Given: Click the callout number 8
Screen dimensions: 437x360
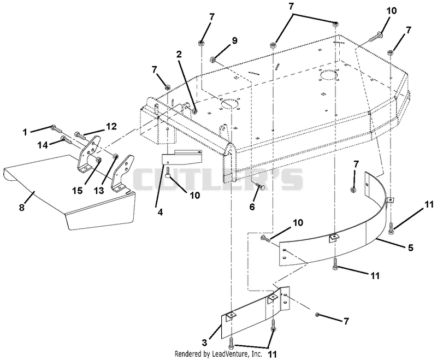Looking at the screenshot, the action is [x=22, y=208].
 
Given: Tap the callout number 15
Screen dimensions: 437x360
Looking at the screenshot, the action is [x=78, y=191].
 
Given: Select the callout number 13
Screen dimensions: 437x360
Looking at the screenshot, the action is [x=99, y=191].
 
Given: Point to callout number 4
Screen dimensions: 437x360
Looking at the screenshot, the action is [x=160, y=213].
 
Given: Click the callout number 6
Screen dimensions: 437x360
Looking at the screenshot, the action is [x=252, y=207].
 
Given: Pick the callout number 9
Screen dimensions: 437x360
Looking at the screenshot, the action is [x=235, y=40].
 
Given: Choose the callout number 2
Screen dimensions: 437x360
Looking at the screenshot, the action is [x=179, y=54].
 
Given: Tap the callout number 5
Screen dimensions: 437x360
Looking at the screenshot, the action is [x=411, y=247].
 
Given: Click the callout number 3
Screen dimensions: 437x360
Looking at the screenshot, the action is [x=205, y=342].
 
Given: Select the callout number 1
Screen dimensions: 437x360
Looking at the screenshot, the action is [x=25, y=132].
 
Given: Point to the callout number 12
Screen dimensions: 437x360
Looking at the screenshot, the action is [x=111, y=127].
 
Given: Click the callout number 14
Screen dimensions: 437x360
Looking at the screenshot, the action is [x=43, y=145].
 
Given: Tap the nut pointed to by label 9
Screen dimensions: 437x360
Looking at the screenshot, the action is [x=213, y=60].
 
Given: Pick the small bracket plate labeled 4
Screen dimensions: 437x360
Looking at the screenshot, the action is [x=181, y=157].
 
